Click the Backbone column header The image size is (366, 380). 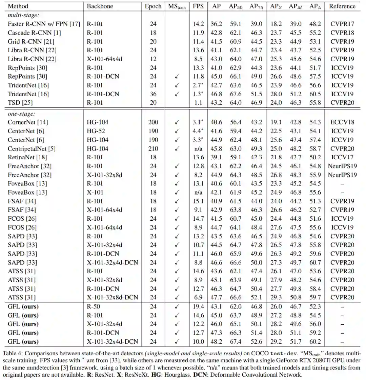click(100, 6)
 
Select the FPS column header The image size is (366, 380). click(198, 6)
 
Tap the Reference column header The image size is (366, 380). click(342, 6)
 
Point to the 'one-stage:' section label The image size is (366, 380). click(21, 114)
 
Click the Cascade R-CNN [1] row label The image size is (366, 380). click(29, 33)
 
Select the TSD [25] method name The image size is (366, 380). click(20, 102)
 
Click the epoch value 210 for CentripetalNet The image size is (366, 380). click(153, 148)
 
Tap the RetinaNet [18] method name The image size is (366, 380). click(27, 157)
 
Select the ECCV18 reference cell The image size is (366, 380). click(342, 122)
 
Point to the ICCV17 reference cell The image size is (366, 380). click(342, 157)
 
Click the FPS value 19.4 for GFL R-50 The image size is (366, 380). click(198, 306)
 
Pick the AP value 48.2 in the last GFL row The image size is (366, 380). click(217, 342)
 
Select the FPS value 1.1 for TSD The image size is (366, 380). click(198, 102)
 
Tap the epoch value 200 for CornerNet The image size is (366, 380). click(153, 122)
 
